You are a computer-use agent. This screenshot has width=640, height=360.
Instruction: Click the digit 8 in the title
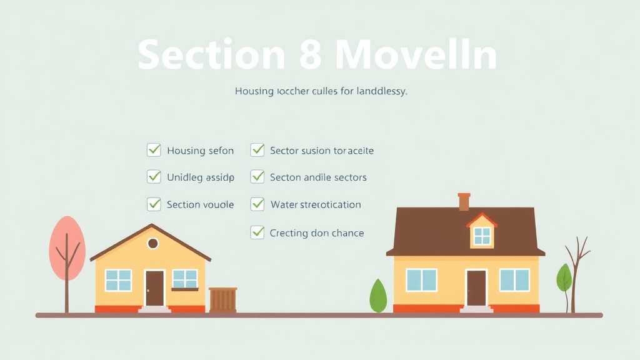point(310,55)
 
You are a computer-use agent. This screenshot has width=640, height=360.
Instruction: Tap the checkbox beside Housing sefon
point(154,150)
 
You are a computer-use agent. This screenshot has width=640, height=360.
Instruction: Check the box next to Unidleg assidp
point(154,177)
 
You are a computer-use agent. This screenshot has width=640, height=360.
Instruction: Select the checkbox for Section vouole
point(154,204)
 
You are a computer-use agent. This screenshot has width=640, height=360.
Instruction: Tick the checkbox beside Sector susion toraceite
point(257,150)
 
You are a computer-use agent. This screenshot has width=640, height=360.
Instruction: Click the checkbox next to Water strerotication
point(257,204)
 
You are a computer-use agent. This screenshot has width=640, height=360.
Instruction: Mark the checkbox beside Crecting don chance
point(257,232)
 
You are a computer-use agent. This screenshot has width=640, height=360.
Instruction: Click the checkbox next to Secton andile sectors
point(257,177)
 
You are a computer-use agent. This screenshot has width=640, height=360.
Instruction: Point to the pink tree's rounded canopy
point(67,247)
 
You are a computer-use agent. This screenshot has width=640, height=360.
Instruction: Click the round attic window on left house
point(152,243)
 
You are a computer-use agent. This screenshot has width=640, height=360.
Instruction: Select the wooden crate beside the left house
point(222,299)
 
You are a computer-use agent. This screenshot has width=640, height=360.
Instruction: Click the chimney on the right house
point(464,201)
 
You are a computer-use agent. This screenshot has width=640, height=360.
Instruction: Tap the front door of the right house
point(476,287)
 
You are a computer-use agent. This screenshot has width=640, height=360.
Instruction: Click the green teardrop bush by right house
point(378,297)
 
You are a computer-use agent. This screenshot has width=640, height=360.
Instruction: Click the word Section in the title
point(211,55)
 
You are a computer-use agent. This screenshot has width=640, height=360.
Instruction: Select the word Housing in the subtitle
point(254,91)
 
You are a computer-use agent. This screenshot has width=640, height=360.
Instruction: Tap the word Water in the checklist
point(284,204)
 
